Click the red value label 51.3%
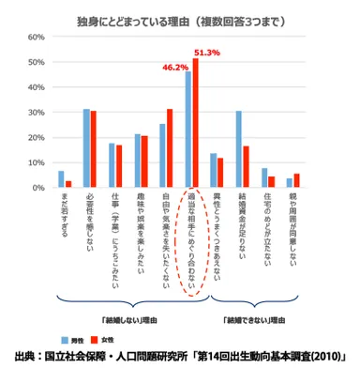pos(206,53)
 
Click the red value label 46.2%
pos(175,67)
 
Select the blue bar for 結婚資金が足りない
pos(239,149)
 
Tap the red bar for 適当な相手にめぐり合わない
pos(196,123)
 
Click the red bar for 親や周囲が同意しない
pos(297,180)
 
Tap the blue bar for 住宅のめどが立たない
pos(264,177)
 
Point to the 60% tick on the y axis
pos(38,37)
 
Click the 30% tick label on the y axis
pos(38,113)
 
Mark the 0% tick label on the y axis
pos(40,188)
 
